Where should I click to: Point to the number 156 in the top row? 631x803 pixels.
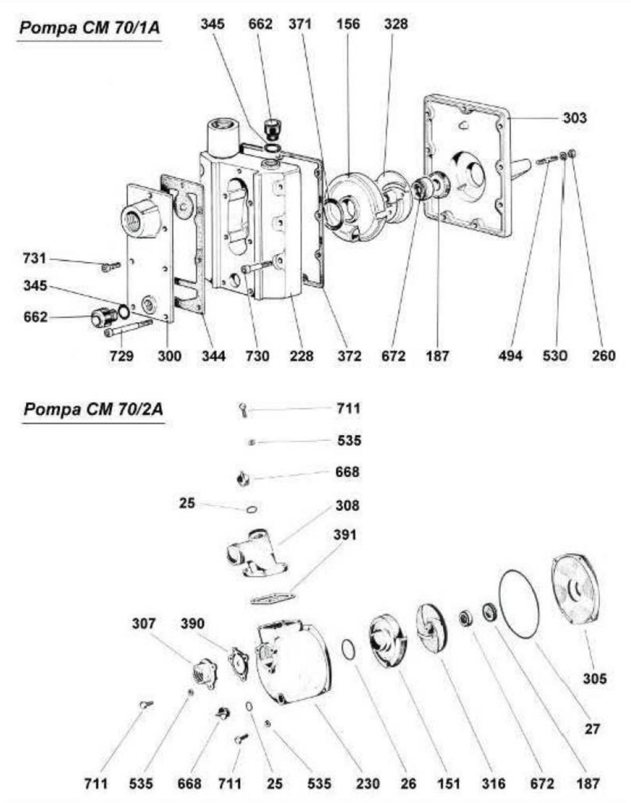348,24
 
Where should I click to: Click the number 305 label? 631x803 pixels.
595,678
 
